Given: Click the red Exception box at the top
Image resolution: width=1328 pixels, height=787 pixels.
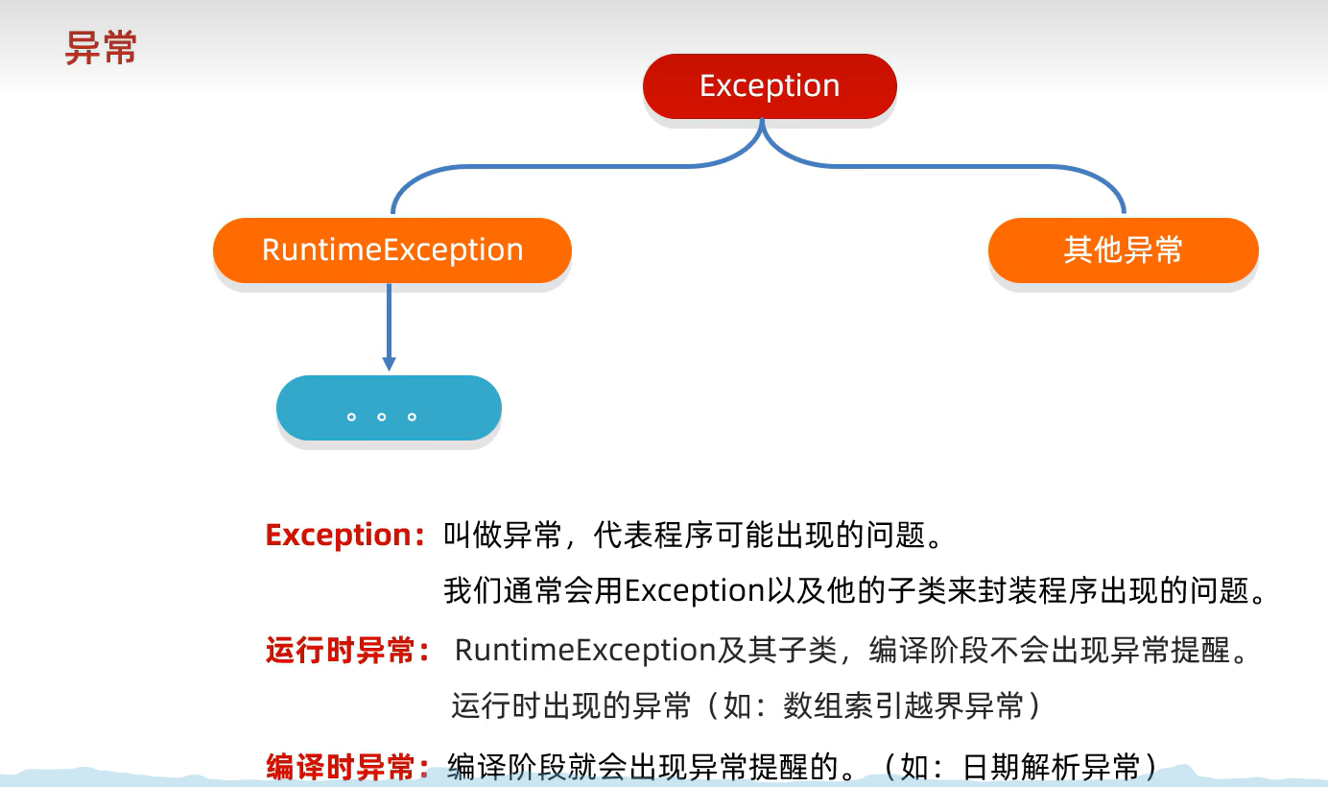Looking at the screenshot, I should point(770,86).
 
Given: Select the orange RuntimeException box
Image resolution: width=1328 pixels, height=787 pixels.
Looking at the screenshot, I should point(392,250).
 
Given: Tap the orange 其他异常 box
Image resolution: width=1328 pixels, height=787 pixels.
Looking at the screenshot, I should point(1123,250).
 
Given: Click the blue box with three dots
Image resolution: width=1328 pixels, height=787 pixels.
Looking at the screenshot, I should point(389,409).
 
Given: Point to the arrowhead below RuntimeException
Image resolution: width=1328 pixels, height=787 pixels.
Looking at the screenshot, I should point(389,364).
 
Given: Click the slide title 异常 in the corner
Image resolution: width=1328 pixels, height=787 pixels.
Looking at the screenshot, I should point(101,48).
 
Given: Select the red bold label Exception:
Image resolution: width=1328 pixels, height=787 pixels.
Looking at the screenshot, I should point(344,535).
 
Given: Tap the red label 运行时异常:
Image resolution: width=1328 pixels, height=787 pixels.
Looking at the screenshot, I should point(347,651).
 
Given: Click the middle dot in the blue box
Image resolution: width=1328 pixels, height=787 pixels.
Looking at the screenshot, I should point(382,417).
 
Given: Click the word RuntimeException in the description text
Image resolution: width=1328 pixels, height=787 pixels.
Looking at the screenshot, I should point(586,650).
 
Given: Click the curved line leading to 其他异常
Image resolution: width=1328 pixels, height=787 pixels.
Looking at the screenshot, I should point(960,166).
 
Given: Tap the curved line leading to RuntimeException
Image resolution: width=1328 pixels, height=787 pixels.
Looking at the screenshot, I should point(576,166).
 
